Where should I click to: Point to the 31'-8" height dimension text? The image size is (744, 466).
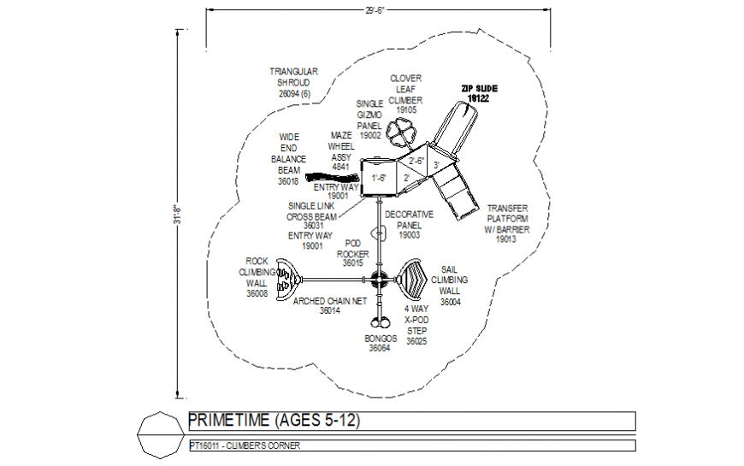pos(178,214)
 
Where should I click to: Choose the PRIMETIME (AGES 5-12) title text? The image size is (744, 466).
pos(275,421)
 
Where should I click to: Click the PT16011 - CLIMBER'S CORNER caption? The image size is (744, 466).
pos(245,445)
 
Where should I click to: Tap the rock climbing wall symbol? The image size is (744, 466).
pos(288,278)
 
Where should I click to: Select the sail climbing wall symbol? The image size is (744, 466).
pos(415,278)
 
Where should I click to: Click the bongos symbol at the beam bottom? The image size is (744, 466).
pos(380,323)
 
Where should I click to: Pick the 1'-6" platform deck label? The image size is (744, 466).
pos(379,178)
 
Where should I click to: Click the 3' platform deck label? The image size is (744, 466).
pos(436,164)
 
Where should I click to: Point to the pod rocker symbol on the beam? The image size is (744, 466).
pos(379,233)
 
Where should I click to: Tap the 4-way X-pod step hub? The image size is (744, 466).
pos(379,278)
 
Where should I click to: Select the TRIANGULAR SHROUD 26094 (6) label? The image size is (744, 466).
pos(294,83)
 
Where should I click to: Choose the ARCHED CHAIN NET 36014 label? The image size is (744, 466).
pos(330,306)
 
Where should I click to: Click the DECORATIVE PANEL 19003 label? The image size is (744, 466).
pos(409,224)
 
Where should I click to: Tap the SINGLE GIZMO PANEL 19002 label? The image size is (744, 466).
pos(369,119)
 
